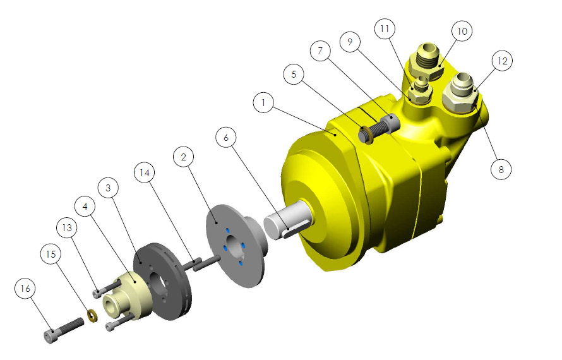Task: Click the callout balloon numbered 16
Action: tap(25, 288)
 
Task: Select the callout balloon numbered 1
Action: tap(263, 102)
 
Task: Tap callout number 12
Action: tap(502, 61)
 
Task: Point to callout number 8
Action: tap(501, 169)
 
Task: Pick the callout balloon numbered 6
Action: tap(226, 137)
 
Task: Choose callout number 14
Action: tap(145, 173)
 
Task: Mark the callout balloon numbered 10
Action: tap(462, 31)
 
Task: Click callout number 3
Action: tap(108, 188)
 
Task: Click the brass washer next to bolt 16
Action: tap(92, 315)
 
